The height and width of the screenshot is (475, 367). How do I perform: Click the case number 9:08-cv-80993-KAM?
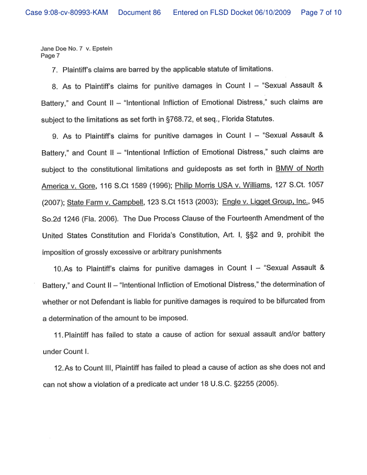coord(67,13)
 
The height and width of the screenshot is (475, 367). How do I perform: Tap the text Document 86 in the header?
coord(139,13)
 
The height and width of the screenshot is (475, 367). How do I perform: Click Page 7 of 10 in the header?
coord(321,13)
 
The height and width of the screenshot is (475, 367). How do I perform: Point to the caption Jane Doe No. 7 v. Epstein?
coord(76,49)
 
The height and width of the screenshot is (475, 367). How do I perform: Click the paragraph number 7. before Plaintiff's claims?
coord(55,70)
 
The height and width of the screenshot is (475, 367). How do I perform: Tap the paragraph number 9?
coord(56,135)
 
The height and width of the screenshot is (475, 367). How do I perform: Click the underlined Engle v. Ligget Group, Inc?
coord(265,202)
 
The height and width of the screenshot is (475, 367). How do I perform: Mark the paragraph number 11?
coord(58,334)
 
